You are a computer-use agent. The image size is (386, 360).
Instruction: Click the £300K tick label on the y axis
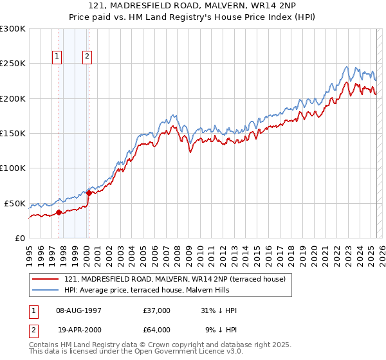click(13, 29)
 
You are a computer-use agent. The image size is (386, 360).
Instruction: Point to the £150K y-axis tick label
click(13, 133)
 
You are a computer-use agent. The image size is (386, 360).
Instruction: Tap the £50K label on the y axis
click(15, 203)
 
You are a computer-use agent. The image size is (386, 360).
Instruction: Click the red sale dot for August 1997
click(59, 212)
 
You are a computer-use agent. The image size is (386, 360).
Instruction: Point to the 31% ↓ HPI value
click(219, 310)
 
